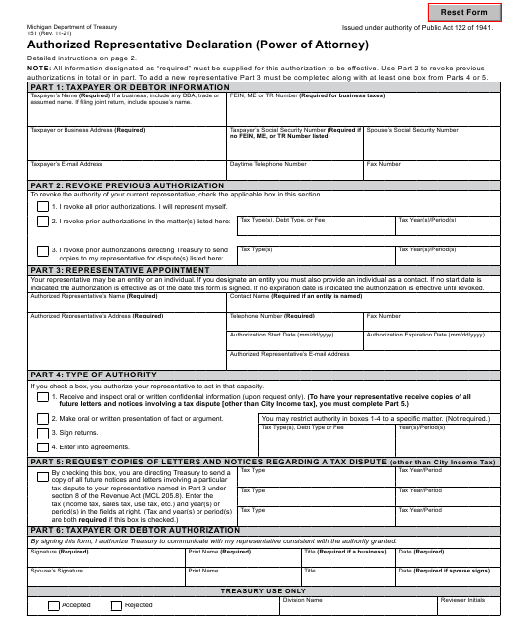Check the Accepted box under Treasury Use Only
point(53,605)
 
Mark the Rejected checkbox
point(115,605)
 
